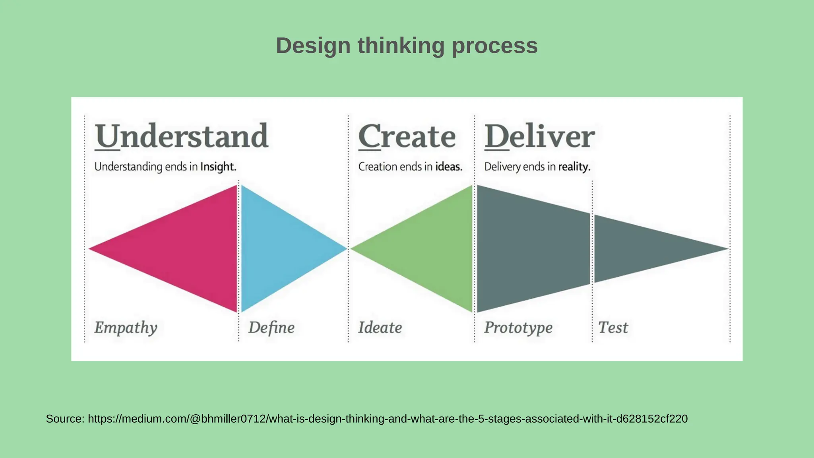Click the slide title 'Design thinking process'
tap(407, 46)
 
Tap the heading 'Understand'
tap(182, 136)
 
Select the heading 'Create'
tap(407, 136)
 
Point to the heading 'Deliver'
tap(539, 136)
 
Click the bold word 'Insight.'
tap(218, 167)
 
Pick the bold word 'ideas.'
tap(449, 167)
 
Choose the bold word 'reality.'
tap(574, 167)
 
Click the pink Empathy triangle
tap(187, 248)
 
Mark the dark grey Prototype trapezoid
tap(533, 248)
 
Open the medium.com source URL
tap(388, 419)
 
